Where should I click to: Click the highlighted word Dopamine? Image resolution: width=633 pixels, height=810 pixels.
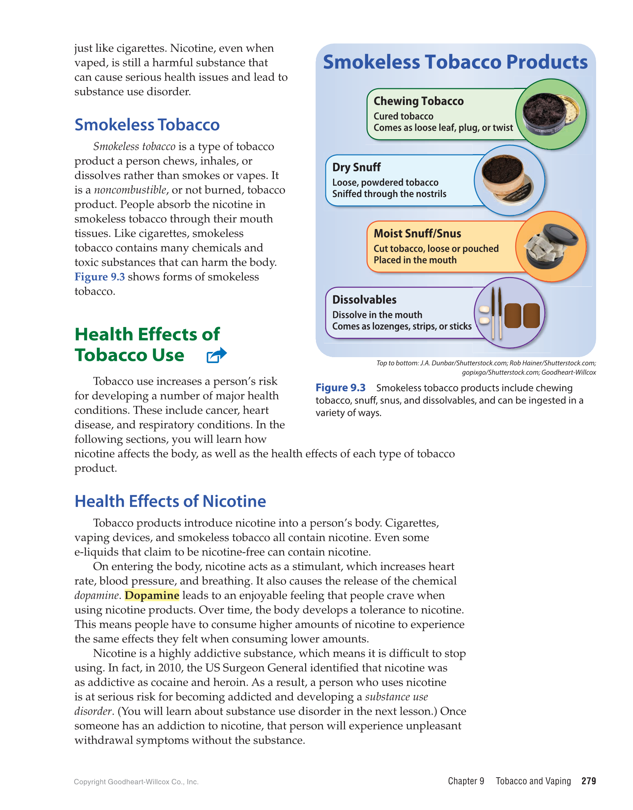[152, 595]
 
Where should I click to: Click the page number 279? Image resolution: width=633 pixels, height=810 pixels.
[588, 781]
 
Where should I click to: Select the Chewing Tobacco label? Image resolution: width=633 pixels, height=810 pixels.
[418, 101]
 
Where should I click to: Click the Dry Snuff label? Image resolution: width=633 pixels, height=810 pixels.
[356, 167]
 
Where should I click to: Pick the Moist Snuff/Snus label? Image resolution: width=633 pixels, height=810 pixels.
[417, 234]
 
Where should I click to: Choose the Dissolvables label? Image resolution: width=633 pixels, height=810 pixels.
[364, 299]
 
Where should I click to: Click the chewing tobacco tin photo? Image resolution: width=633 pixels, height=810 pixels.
[550, 114]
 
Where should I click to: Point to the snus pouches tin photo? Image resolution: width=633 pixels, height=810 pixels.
[550, 247]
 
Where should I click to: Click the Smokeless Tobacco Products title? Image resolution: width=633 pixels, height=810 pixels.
[455, 62]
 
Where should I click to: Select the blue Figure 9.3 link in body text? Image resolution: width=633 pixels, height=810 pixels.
[99, 277]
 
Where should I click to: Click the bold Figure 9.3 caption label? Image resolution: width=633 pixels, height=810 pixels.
[340, 388]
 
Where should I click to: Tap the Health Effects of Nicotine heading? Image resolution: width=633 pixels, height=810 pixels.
[170, 501]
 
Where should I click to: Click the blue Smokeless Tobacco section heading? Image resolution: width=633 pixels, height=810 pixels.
[147, 125]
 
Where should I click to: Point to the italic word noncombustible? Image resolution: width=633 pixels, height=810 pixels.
[130, 190]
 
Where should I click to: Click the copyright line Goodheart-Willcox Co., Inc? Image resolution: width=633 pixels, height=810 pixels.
[136, 782]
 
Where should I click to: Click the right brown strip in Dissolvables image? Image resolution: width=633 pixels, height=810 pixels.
[531, 315]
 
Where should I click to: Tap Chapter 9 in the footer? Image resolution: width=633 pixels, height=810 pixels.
[466, 781]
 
